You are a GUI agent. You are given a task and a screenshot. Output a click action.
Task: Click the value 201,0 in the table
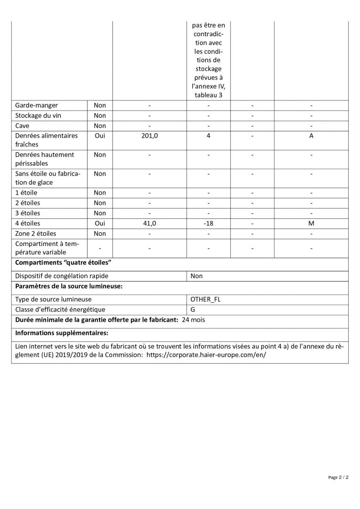[x=149, y=136]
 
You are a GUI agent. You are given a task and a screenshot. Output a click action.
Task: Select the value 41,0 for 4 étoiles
[x=149, y=223]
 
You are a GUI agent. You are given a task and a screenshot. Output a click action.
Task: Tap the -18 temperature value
[x=208, y=223]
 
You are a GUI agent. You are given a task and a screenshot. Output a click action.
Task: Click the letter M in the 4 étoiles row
[x=311, y=223]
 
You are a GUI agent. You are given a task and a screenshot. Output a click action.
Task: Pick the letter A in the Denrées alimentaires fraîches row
[x=311, y=136]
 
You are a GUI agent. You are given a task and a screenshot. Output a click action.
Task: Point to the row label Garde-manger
[x=37, y=106]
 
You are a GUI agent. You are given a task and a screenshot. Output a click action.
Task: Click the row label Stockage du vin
[x=38, y=115]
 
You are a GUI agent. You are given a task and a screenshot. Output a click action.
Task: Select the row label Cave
[x=22, y=126]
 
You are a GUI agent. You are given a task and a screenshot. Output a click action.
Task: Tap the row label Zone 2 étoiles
[x=35, y=233]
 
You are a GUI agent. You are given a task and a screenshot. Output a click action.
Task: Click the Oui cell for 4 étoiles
[x=100, y=223]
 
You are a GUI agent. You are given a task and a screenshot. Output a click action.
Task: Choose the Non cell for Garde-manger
[x=100, y=106]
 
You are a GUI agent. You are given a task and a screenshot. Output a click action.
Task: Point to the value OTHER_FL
[x=205, y=299]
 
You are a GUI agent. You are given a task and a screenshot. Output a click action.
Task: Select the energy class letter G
[x=193, y=310]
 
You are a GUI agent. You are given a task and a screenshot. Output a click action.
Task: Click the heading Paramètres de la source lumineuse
[x=69, y=287]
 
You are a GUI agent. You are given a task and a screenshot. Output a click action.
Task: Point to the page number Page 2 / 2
[x=338, y=477]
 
